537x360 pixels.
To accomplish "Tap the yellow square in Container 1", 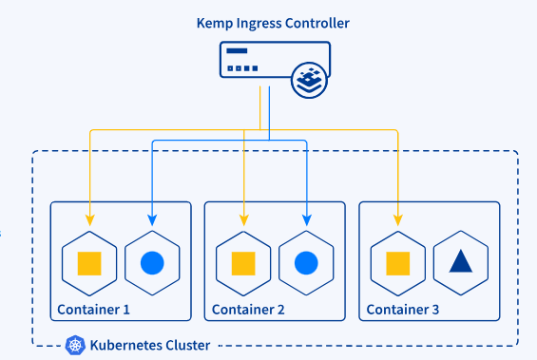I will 89,262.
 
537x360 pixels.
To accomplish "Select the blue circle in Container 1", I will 152,262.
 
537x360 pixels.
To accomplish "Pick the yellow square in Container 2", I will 244,262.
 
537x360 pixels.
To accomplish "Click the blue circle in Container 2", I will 306,262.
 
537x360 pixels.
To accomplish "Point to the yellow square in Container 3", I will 398,262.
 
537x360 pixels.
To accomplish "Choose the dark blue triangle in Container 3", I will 461,261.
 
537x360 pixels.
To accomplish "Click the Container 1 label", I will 93,310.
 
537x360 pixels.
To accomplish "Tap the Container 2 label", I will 248,310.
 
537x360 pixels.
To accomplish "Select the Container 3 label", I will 403,310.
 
